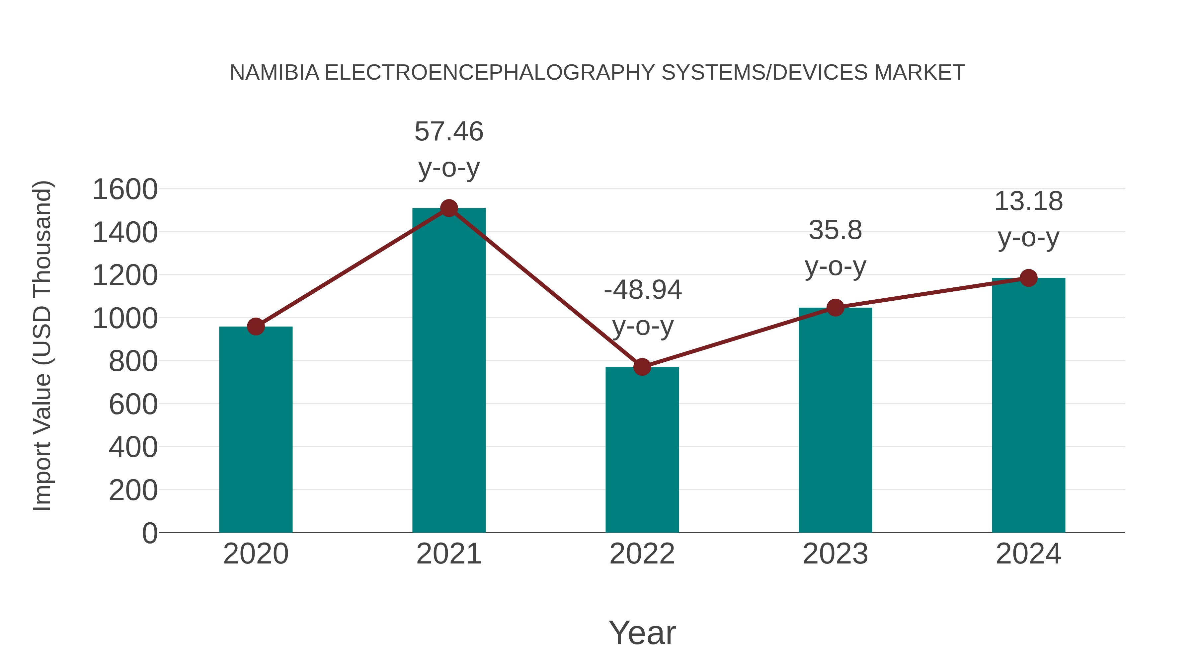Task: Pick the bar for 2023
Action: coord(835,420)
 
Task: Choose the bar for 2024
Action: coord(1028,405)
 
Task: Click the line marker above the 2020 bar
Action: coord(256,327)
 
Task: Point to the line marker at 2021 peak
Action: coord(448,208)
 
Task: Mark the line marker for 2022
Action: coord(642,367)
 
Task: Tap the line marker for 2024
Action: coord(1028,278)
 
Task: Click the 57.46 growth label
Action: coord(448,132)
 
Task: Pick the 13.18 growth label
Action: coord(1028,202)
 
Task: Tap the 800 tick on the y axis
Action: coord(133,361)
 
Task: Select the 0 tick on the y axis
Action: coord(149,533)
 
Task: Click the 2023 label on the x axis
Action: coord(835,554)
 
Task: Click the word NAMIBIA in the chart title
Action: coord(275,73)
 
